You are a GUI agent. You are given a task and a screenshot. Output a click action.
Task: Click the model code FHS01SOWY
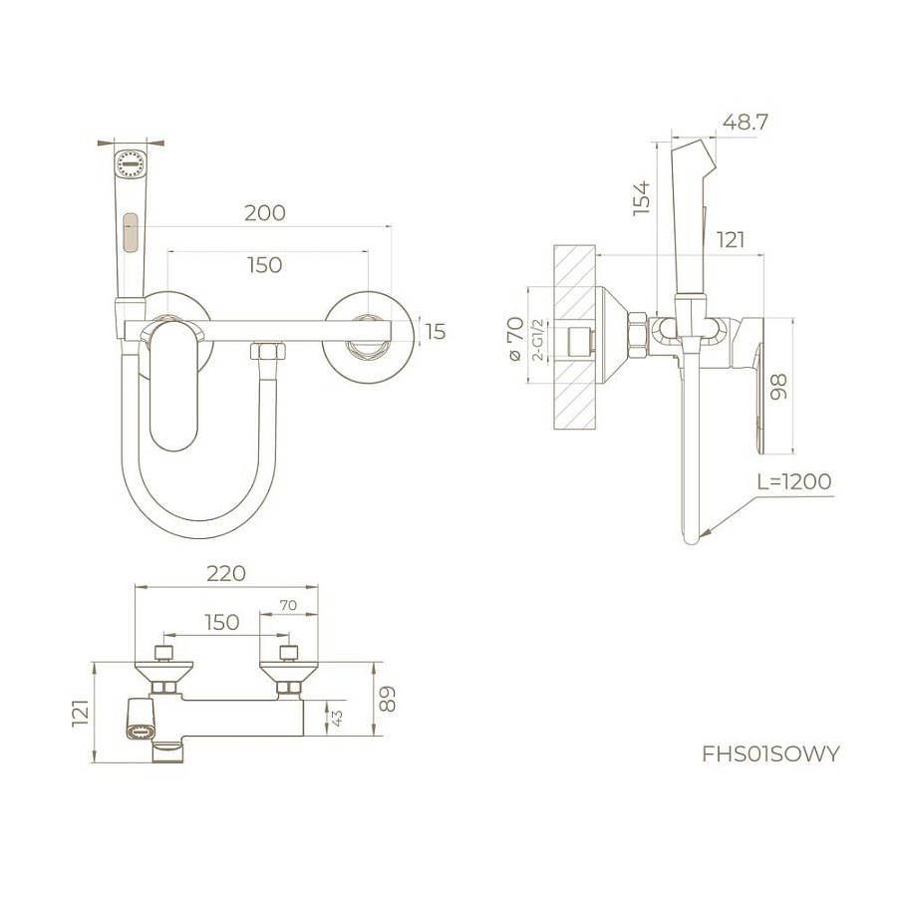tap(770, 753)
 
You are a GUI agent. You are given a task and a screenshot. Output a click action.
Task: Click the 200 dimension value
tap(265, 213)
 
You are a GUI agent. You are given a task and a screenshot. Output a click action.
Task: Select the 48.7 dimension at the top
tap(745, 122)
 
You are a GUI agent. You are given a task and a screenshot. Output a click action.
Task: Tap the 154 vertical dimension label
tap(642, 197)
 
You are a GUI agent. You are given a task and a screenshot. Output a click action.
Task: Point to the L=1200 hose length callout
tap(794, 481)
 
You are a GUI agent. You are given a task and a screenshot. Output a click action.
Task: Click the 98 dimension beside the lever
tap(778, 386)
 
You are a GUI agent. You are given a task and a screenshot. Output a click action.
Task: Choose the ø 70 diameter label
tap(515, 339)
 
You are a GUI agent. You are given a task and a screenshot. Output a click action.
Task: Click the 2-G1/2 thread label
tap(538, 341)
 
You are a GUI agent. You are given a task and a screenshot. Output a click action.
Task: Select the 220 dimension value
tap(226, 573)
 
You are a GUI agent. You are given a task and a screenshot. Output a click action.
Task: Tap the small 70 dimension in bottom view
tap(288, 605)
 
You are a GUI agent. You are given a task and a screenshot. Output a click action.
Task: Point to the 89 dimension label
tap(388, 699)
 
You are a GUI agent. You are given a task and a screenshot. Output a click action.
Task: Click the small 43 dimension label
tap(337, 719)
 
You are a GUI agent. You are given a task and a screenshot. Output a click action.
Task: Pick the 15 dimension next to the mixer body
tap(436, 332)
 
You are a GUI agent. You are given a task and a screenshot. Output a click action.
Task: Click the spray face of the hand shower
tap(131, 163)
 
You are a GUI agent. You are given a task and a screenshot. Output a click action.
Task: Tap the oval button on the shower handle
tap(131, 232)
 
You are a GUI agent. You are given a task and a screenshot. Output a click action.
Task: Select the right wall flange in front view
tap(369, 338)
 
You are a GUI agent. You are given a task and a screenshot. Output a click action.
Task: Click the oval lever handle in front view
tap(174, 385)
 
